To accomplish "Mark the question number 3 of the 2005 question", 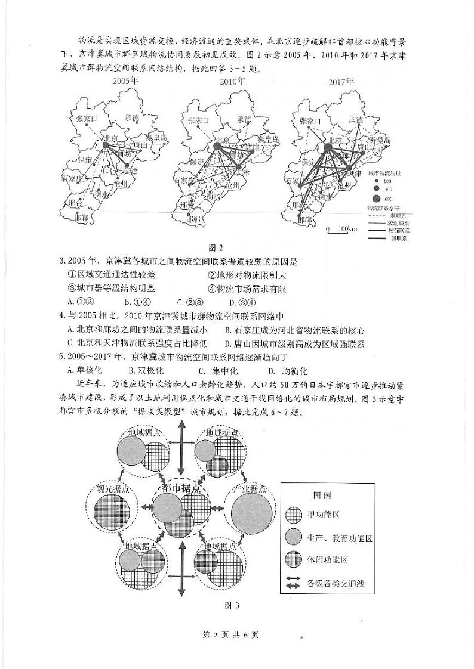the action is (x=62, y=261).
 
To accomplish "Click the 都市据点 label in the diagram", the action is (x=181, y=488).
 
